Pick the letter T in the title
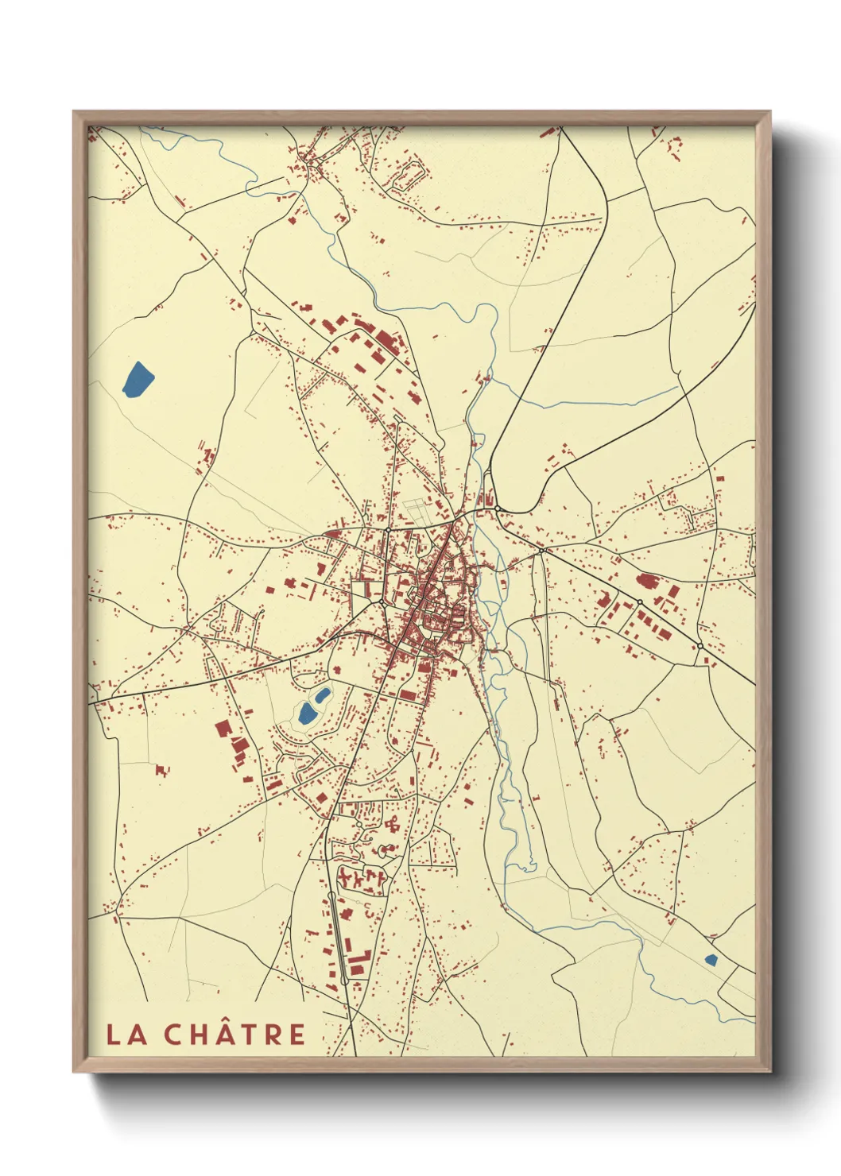[x=243, y=1035]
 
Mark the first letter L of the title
[x=114, y=1035]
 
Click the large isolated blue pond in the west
[x=137, y=380]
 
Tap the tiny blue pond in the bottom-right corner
[x=711, y=960]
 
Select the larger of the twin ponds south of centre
[x=307, y=713]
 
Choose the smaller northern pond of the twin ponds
[x=323, y=696]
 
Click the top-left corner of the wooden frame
[x=74, y=112]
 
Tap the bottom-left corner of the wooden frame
[x=74, y=1072]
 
